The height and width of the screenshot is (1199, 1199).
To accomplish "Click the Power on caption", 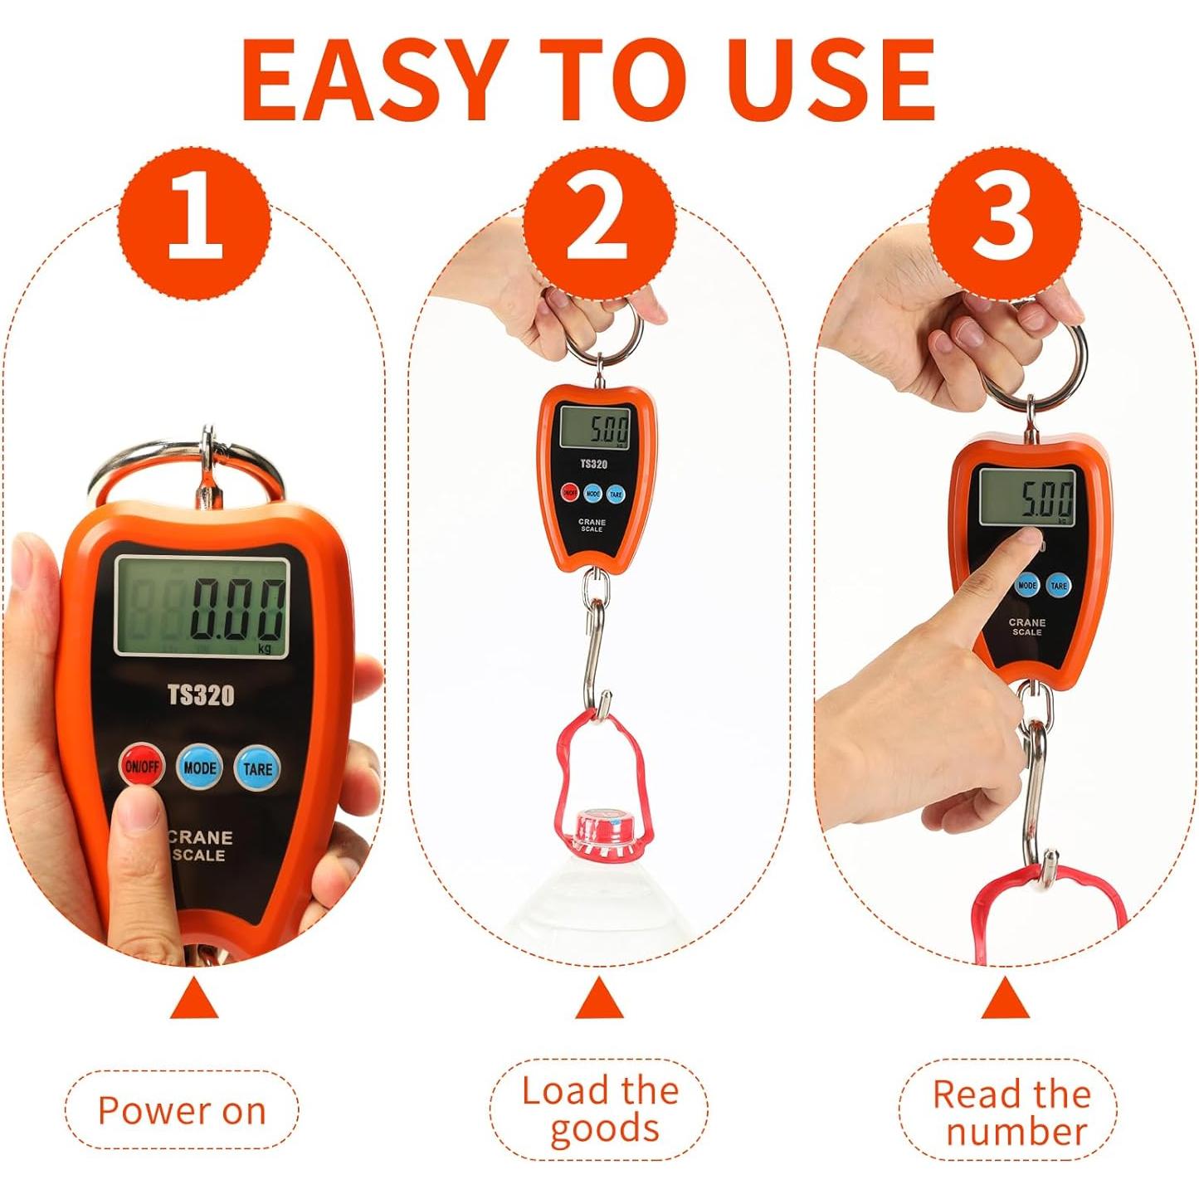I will coord(182,1110).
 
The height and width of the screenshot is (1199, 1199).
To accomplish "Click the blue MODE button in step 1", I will coord(200,768).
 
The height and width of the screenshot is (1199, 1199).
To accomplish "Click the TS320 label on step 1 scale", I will coord(201,695).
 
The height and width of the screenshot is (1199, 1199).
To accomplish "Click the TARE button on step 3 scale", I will coord(1058,585).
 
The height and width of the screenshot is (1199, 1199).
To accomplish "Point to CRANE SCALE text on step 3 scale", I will coord(1026,626).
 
